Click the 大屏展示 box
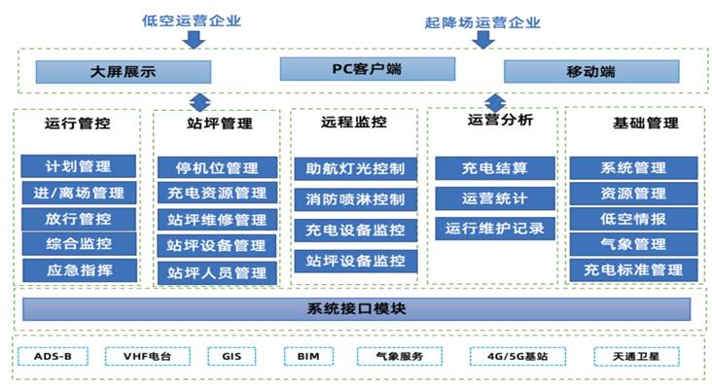124,72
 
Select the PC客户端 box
354,69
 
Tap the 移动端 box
590,72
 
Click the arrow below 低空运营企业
194,38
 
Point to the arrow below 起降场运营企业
482,39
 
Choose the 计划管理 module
79,167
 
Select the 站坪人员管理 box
217,272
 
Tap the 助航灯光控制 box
355,167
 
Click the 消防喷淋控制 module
355,199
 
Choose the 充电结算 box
495,168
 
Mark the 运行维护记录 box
495,230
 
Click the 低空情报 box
633,219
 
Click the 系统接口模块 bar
356,310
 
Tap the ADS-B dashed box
53,357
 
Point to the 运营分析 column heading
494,121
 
